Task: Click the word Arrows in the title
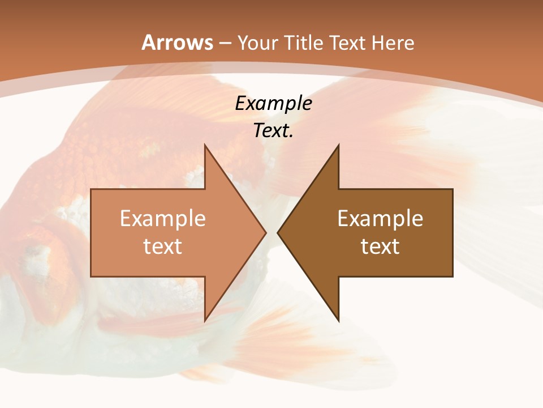178,43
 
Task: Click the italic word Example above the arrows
273,104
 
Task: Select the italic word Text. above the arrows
273,131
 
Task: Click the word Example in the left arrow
163,219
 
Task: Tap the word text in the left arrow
163,246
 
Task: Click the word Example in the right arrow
380,219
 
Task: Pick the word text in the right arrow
380,246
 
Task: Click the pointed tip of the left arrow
266,232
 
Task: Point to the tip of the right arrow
278,232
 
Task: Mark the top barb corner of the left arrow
205,145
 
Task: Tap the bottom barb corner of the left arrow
205,321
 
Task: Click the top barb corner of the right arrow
338,145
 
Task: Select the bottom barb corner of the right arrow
338,321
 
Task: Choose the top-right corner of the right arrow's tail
453,189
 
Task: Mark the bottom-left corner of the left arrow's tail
91,277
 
